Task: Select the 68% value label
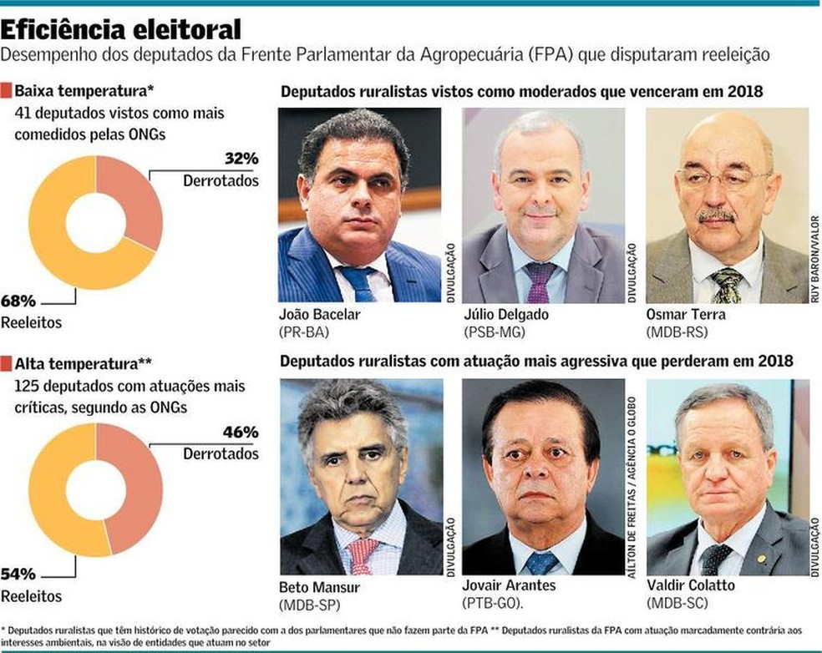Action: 18,299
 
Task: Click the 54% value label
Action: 18,575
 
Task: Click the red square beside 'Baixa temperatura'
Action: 7,90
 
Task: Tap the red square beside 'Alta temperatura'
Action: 7,364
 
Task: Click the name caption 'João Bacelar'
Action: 320,315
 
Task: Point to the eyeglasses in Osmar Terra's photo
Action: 723,179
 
